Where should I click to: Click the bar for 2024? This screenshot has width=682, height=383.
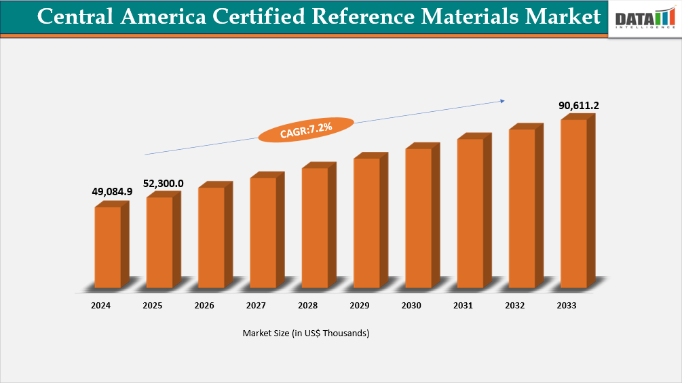107,247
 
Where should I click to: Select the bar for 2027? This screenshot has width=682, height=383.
263,233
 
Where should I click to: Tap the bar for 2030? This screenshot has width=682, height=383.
418,218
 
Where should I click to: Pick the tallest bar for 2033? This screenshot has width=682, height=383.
573,203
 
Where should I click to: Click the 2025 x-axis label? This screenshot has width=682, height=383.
153,306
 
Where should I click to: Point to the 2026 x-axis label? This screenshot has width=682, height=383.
204,306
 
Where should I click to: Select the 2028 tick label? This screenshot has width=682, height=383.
307,306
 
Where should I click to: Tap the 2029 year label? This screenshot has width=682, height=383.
360,306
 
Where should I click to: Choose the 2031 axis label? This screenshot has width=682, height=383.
463,306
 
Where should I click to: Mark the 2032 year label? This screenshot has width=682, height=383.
515,306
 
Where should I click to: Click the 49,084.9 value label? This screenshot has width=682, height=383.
112,192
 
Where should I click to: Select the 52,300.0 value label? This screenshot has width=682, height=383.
163,183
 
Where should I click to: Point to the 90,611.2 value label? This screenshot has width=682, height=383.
579,106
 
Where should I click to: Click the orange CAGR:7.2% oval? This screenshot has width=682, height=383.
306,129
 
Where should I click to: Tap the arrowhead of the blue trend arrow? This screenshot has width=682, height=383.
502,101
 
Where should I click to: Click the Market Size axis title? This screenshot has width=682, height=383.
306,334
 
